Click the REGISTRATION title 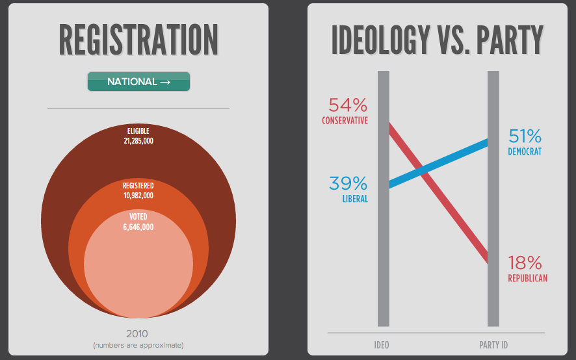(x=138, y=40)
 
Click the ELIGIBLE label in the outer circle (x=138, y=131)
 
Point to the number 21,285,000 (x=138, y=140)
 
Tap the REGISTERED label (x=138, y=186)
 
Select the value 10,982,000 (x=138, y=195)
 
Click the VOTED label (x=138, y=216)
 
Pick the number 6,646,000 (x=138, y=227)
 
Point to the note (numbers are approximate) (x=138, y=344)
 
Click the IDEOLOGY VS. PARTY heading (x=438, y=40)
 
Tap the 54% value (x=348, y=105)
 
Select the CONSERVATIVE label (x=345, y=121)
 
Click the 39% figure (x=348, y=183)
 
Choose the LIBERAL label (x=355, y=199)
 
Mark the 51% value (x=525, y=136)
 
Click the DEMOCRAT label (x=525, y=152)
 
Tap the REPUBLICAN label (x=527, y=278)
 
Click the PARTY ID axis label (x=493, y=344)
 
